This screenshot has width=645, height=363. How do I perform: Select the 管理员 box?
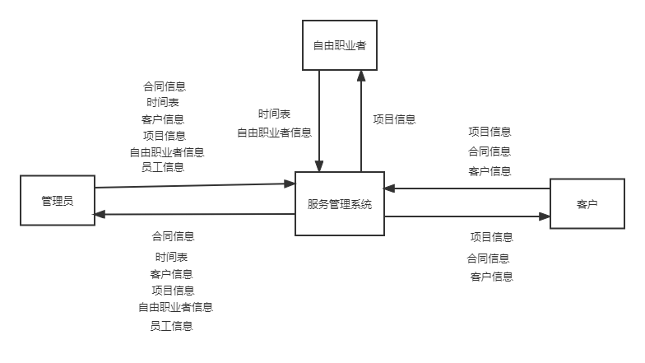[x=58, y=201]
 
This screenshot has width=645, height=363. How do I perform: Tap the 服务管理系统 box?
[x=340, y=204]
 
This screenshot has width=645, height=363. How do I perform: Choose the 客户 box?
[x=587, y=204]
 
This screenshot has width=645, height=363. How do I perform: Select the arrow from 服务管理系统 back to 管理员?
[x=195, y=215]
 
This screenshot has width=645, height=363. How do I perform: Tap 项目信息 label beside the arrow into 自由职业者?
[x=394, y=119]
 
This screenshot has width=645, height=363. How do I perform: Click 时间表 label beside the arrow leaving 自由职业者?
[x=274, y=114]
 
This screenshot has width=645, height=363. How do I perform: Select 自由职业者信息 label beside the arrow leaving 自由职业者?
[x=275, y=133]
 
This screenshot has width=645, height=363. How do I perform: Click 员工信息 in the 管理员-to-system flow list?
[x=163, y=167]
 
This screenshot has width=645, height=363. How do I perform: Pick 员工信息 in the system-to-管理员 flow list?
[x=171, y=326]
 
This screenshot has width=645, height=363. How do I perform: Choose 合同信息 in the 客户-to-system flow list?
[x=490, y=151]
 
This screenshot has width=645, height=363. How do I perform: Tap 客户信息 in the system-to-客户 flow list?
[x=491, y=277]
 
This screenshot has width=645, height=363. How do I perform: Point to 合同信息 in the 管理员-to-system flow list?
[x=165, y=86]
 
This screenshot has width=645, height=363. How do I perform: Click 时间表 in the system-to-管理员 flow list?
[x=172, y=257]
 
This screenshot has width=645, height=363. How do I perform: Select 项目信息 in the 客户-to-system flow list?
[x=490, y=132]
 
